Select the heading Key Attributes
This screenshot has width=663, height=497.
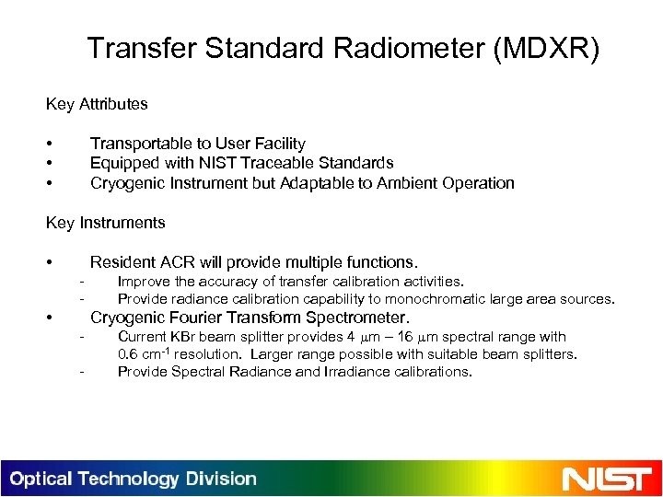coord(97,104)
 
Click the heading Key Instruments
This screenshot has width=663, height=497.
coord(106,223)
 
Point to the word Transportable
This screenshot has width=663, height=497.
coord(135,144)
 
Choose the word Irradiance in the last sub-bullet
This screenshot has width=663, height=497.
coord(323,372)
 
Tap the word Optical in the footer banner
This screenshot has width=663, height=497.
coord(41,480)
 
